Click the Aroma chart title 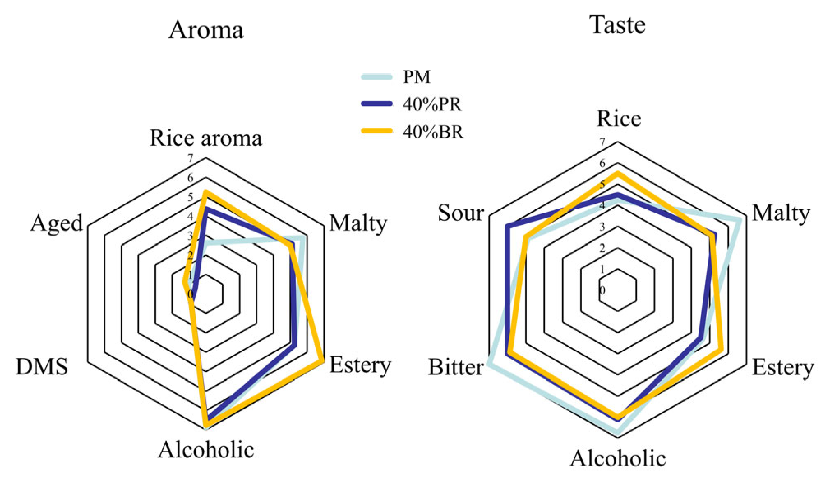click(x=206, y=30)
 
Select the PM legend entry click(x=417, y=77)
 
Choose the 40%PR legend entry click(x=432, y=104)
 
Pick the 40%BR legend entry click(x=433, y=132)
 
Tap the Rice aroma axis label click(x=206, y=138)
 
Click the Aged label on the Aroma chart click(x=56, y=224)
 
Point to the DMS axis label click(x=41, y=366)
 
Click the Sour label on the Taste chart click(x=461, y=213)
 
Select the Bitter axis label click(x=456, y=367)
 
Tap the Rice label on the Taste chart click(x=618, y=119)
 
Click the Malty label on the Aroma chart click(x=358, y=224)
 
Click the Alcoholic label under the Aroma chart click(x=206, y=450)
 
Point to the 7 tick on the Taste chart click(x=602, y=142)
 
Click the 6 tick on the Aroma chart click(x=190, y=178)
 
